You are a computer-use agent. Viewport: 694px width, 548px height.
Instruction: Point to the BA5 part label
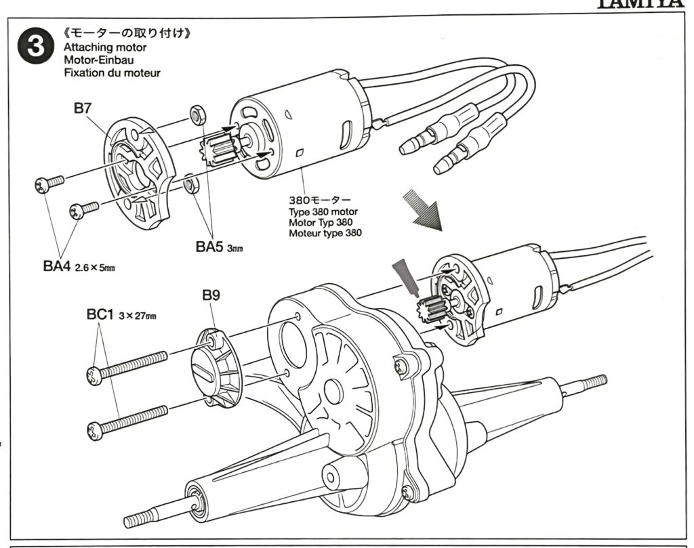pos(210,247)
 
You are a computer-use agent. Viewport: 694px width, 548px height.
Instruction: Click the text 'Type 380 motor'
pos(323,212)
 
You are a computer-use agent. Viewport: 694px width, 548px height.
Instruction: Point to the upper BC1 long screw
pos(127,364)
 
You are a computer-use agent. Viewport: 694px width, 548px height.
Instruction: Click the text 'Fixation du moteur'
pos(112,72)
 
